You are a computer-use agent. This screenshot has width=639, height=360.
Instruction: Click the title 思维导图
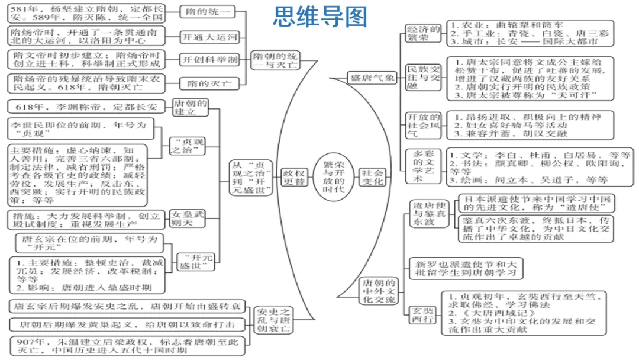pyautogui.click(x=319, y=17)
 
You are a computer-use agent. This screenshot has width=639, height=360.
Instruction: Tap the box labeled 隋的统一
pyautogui.click(x=205, y=11)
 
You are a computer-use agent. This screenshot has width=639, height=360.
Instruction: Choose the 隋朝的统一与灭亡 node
pyautogui.click(x=276, y=60)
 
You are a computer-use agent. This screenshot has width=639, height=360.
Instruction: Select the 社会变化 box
pyautogui.click(x=373, y=176)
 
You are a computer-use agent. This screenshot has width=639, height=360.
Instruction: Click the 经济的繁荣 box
pyautogui.click(x=422, y=34)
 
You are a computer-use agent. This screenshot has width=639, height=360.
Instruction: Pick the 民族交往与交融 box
pyautogui.click(x=422, y=78)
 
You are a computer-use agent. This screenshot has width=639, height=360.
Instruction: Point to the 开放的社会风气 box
pyautogui.click(x=422, y=125)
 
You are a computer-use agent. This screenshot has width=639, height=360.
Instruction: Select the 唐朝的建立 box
pyautogui.click(x=190, y=107)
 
